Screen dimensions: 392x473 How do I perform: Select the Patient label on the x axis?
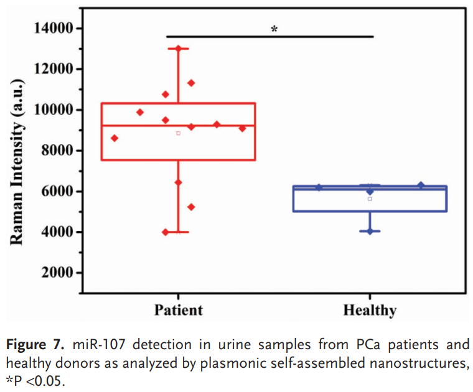[179, 309]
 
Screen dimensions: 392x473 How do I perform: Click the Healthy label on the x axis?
[370, 309]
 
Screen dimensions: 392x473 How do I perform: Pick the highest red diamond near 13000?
[179, 48]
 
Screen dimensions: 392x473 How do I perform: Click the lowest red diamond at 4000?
[166, 232]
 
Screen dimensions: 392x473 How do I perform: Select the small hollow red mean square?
[178, 133]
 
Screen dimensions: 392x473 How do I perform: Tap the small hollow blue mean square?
[370, 199]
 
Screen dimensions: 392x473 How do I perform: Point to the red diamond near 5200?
[191, 207]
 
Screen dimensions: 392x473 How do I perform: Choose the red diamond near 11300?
[191, 83]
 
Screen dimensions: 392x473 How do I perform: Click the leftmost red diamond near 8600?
[115, 138]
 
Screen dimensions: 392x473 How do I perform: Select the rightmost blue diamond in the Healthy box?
[421, 185]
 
